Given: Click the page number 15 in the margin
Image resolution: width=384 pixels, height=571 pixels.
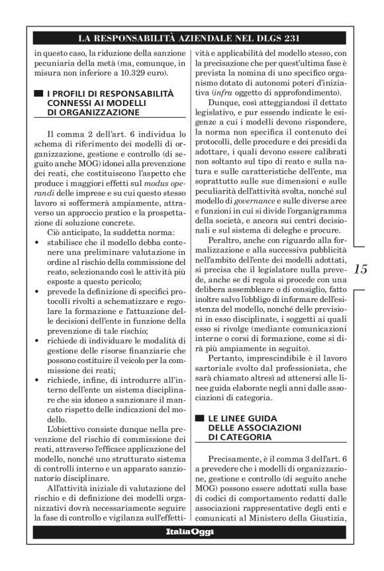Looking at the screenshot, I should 361,269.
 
